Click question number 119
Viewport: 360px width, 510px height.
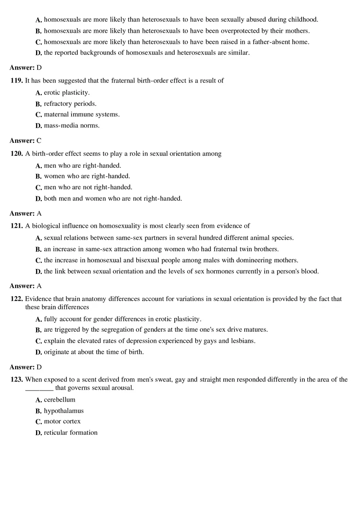coord(16,81)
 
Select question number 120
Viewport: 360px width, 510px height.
coord(16,154)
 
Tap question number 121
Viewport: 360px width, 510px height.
coord(16,226)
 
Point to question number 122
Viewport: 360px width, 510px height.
coord(16,299)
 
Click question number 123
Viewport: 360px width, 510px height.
coord(16,380)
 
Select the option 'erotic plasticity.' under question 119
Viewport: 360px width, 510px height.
coord(67,92)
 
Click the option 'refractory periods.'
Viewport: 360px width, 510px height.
coord(70,103)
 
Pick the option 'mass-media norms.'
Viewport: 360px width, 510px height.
coord(72,126)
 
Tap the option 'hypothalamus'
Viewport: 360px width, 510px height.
coord(63,411)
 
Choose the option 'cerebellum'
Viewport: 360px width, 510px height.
coord(59,400)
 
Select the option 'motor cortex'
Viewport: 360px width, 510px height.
coord(62,421)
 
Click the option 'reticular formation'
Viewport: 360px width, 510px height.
coord(70,433)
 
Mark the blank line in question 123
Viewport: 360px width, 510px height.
coord(39,388)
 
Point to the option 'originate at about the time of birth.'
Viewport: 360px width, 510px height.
coord(94,352)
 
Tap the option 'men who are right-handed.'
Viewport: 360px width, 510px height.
coord(82,166)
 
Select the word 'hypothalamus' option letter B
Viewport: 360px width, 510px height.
coord(38,411)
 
